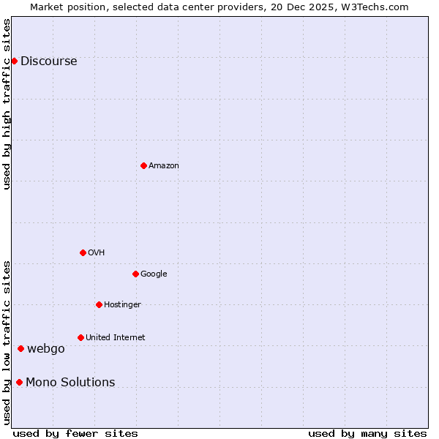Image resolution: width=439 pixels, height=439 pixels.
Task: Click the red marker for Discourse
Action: pyautogui.click(x=14, y=61)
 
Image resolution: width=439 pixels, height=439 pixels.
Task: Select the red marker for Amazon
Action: pyautogui.click(x=143, y=165)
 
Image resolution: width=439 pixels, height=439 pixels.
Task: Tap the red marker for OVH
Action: pyautogui.click(x=83, y=252)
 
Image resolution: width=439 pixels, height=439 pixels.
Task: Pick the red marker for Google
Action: pyautogui.click(x=135, y=274)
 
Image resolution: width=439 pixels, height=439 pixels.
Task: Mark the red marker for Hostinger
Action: pyautogui.click(x=99, y=304)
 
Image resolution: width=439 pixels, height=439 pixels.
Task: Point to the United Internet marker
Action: pyautogui.click(x=80, y=337)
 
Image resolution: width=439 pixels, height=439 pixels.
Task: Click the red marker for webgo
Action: pyautogui.click(x=20, y=348)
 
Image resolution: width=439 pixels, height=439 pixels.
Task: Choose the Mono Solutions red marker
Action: pyautogui.click(x=19, y=382)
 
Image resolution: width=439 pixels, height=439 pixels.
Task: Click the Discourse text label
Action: pyautogui.click(x=49, y=61)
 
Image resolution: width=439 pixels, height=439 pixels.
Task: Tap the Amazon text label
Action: pyautogui.click(x=164, y=166)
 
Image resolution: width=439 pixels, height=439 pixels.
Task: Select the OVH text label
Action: pyautogui.click(x=97, y=253)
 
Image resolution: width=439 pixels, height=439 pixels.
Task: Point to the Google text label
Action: pyautogui.click(x=154, y=274)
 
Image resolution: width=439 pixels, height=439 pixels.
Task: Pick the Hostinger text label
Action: pyautogui.click(x=122, y=305)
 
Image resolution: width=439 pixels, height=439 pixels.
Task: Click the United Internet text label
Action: pyautogui.click(x=116, y=338)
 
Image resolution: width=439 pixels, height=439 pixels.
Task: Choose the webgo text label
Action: pyautogui.click(x=46, y=349)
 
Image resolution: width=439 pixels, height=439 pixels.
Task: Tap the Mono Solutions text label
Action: pyautogui.click(x=70, y=383)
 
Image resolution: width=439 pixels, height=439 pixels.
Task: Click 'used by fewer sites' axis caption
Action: pyautogui.click(x=75, y=433)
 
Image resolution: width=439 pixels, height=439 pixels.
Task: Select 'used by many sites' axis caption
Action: pyautogui.click(x=367, y=433)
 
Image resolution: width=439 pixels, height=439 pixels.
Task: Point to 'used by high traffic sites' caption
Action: pyautogui.click(x=7, y=104)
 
